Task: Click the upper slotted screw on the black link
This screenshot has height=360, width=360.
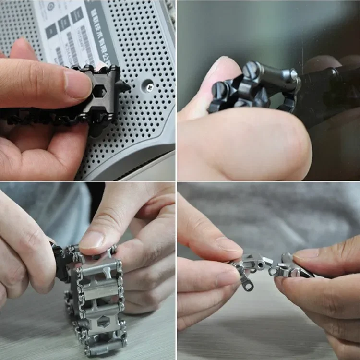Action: coord(251,71)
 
